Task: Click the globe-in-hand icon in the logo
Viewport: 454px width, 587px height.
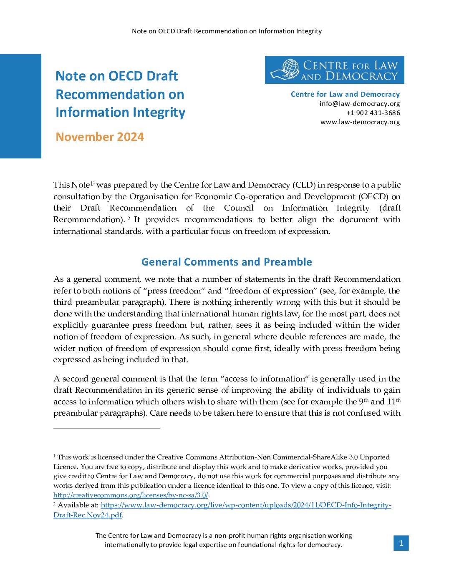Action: click(287, 69)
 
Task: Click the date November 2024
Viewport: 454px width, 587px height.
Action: click(100, 137)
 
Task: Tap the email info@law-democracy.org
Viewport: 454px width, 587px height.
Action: click(360, 103)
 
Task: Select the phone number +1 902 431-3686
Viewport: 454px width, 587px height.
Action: click(373, 113)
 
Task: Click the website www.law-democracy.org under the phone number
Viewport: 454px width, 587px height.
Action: click(360, 122)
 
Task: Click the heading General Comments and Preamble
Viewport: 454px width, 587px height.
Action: click(227, 262)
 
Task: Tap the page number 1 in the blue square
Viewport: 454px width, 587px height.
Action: click(401, 543)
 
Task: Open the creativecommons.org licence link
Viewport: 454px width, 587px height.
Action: click(131, 495)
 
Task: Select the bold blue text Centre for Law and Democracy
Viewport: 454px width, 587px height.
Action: click(345, 94)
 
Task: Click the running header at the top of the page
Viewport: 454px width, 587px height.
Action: click(227, 31)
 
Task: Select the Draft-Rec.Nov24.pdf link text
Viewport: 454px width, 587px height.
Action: click(88, 515)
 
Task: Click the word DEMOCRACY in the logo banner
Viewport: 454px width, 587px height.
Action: click(362, 76)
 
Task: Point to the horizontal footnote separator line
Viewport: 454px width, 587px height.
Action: click(107, 428)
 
